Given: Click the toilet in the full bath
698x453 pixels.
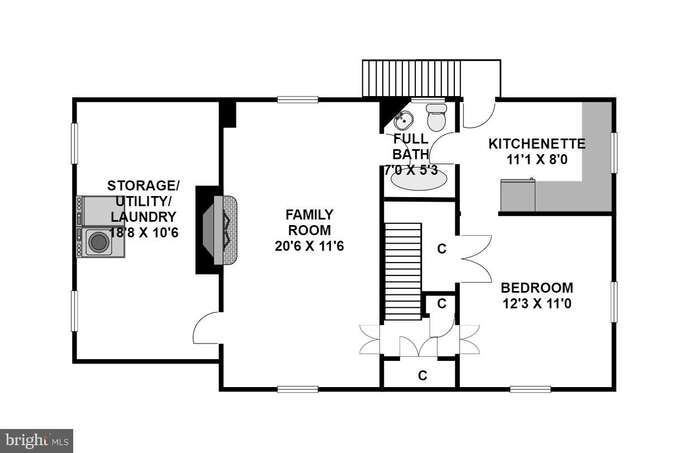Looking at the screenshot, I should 435,118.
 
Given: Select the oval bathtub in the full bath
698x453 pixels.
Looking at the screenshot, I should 419,179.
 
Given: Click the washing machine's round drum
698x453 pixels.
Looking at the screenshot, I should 99,242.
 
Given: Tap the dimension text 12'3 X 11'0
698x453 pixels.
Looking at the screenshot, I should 536,304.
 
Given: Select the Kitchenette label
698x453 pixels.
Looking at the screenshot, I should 536,144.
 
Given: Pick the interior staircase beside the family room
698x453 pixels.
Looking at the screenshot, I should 402,271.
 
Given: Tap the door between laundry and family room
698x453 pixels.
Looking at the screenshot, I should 206,330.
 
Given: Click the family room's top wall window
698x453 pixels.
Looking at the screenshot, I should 298,100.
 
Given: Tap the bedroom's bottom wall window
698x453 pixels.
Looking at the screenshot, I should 530,389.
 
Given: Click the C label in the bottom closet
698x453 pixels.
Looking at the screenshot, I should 422,376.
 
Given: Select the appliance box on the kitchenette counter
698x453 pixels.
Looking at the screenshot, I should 517,195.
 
